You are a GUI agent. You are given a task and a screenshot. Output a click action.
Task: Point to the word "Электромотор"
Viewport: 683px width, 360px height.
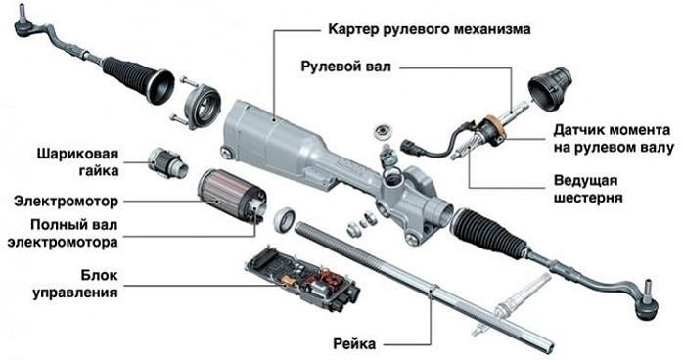coord(66,203)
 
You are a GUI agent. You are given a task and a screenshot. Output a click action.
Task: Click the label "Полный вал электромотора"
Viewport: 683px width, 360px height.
coord(66,233)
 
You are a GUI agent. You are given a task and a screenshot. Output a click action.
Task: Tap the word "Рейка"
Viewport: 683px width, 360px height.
coord(359,343)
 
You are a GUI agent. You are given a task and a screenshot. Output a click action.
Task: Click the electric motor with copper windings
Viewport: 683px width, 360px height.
coord(227,192)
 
